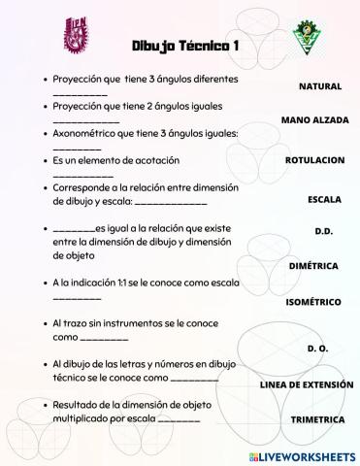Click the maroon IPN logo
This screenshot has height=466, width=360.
[79, 36]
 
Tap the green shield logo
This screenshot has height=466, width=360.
[305, 38]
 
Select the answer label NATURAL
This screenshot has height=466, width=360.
[319, 86]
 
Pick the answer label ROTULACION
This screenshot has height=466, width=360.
[314, 159]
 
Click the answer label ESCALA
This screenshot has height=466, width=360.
[323, 199]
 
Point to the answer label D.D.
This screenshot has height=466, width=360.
[324, 231]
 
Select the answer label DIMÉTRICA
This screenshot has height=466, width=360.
[313, 265]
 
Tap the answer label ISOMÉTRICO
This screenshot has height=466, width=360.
[312, 302]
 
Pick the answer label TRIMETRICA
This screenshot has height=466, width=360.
[317, 419]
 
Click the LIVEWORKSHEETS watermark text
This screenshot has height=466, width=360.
[303, 455]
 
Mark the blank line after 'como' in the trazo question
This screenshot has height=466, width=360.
[104, 338]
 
